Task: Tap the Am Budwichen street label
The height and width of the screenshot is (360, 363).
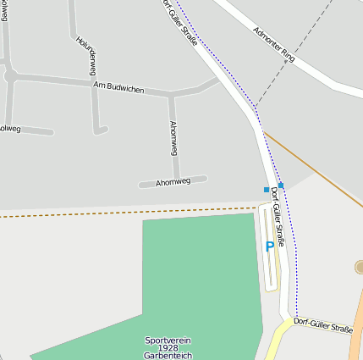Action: pyautogui.click(x=118, y=87)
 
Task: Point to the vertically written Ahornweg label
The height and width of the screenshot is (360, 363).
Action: pyautogui.click(x=173, y=137)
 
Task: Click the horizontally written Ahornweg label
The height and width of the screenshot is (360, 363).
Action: pyautogui.click(x=173, y=181)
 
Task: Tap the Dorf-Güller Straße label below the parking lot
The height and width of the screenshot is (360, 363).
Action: pyautogui.click(x=322, y=324)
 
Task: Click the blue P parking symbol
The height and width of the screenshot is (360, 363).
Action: pyautogui.click(x=270, y=246)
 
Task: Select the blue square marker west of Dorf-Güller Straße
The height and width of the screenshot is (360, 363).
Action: pyautogui.click(x=267, y=189)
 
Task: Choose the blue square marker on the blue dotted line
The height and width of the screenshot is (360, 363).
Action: pyautogui.click(x=281, y=185)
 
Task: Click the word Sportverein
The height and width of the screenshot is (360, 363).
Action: pyautogui.click(x=168, y=340)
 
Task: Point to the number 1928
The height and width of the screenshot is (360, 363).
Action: pyautogui.click(x=168, y=348)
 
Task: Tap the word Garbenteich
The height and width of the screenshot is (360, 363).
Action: pyautogui.click(x=168, y=356)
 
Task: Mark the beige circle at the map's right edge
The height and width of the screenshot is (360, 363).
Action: pyautogui.click(x=360, y=268)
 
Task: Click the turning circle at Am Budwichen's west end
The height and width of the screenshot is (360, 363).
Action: pyautogui.click(x=10, y=75)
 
